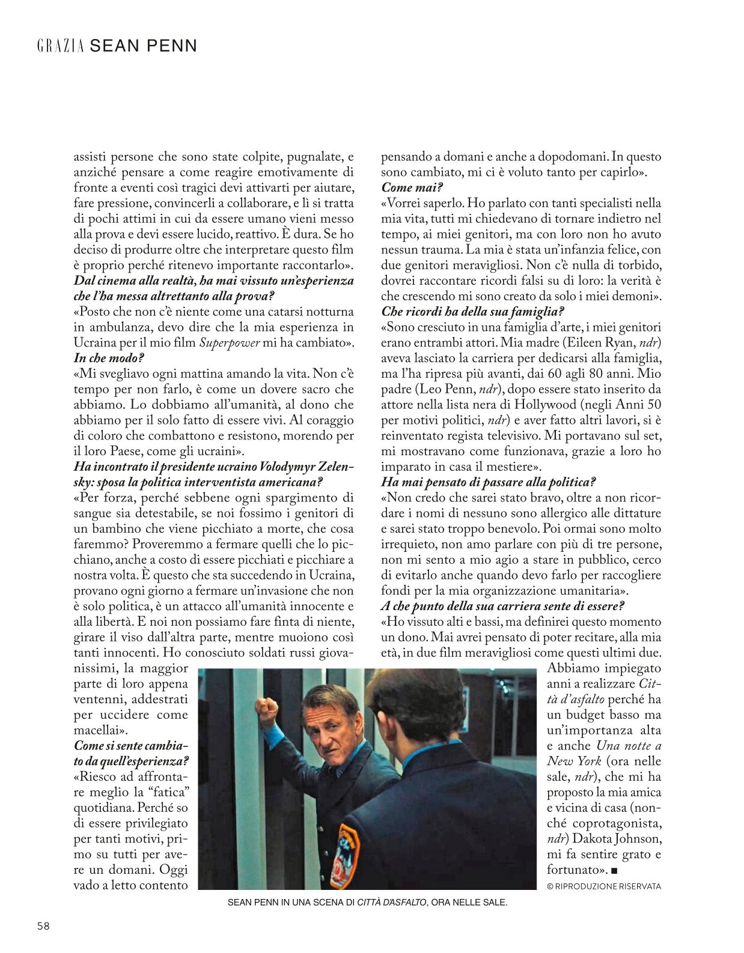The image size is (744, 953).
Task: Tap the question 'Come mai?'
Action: click(412, 187)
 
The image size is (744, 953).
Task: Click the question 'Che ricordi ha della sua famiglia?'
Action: click(472, 312)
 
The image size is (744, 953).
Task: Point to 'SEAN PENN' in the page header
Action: click(143, 46)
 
